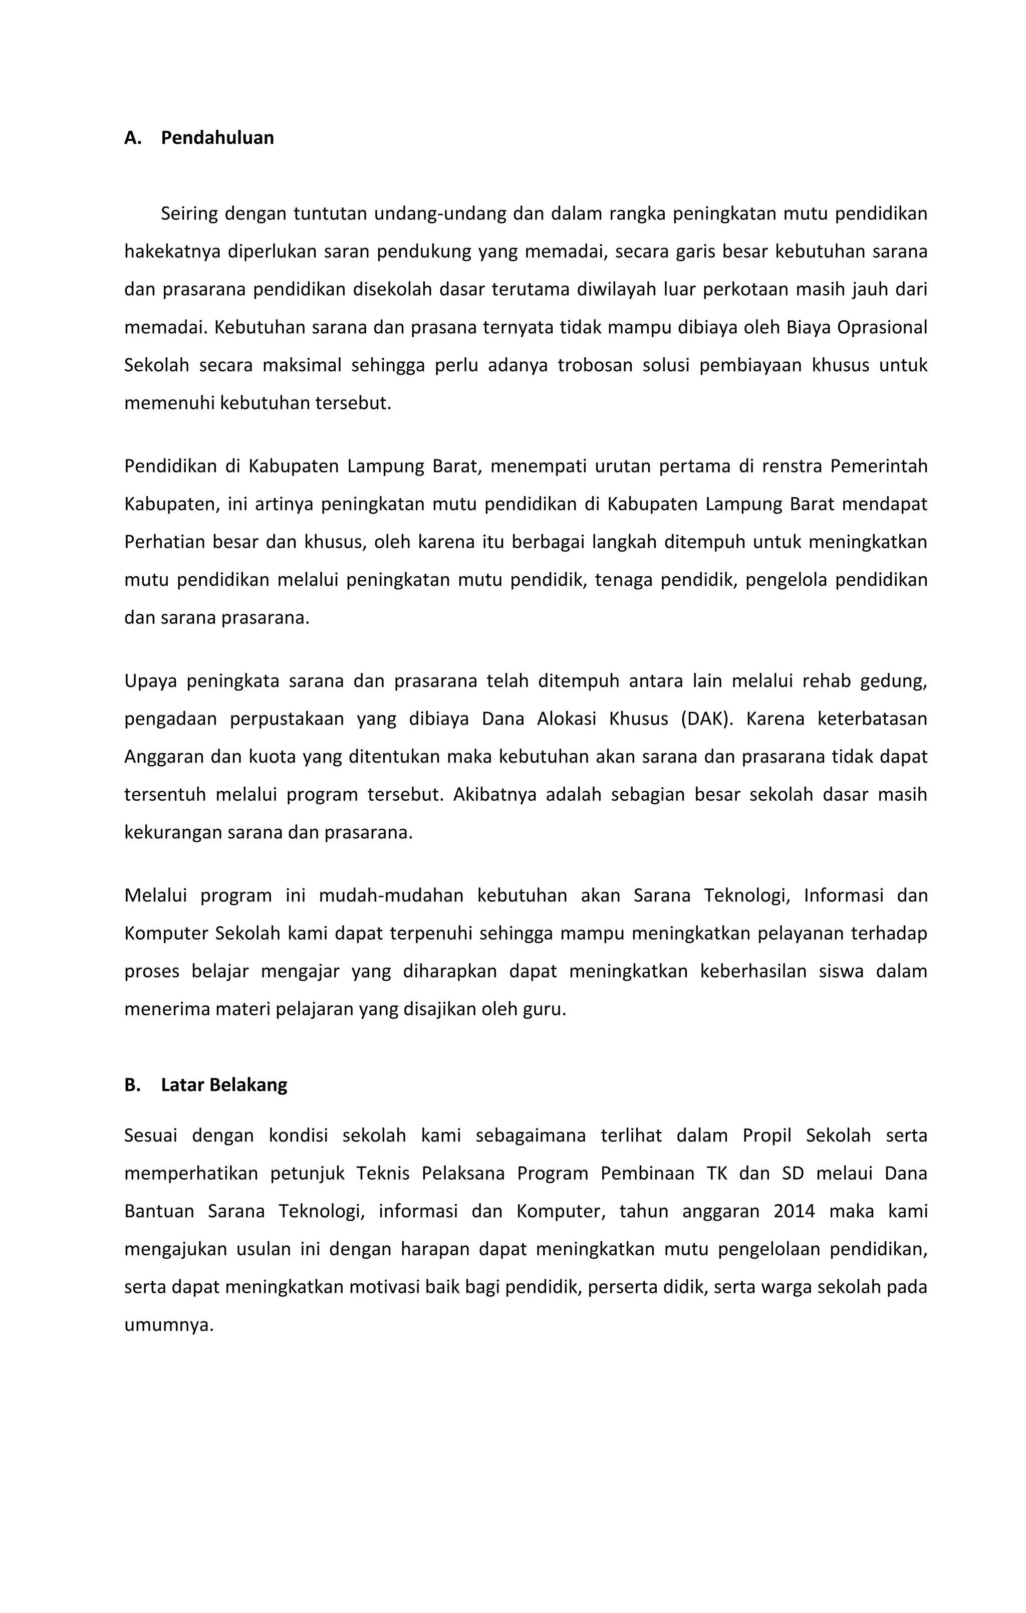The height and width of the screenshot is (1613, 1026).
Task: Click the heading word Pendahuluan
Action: point(217,138)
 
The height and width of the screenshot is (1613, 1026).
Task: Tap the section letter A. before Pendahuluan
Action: point(133,138)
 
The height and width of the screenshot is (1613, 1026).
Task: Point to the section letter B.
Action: point(132,1085)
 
